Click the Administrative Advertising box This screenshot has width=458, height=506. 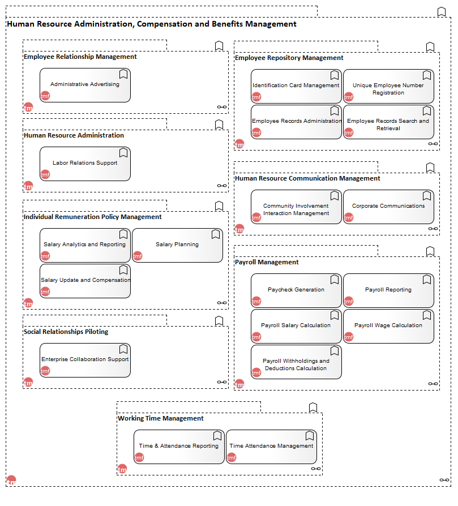(85, 85)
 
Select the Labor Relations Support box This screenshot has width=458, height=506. (85, 164)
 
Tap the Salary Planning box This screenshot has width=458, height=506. (178, 246)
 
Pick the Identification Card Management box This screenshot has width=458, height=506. (296, 87)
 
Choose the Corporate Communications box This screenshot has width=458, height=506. (388, 207)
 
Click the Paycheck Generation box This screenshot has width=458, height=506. (296, 291)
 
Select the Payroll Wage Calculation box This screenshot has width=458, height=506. (388, 326)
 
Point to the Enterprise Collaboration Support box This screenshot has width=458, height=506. (85, 360)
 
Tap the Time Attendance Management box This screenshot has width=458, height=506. (271, 447)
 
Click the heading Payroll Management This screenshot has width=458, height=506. (267, 262)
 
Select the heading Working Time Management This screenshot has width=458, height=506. (161, 418)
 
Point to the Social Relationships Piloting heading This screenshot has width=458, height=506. (66, 332)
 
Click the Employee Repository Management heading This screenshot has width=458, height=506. (289, 58)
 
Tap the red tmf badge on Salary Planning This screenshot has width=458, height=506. (138, 256)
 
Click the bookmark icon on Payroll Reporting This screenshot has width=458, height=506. (427, 280)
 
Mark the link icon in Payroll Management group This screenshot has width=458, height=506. (433, 384)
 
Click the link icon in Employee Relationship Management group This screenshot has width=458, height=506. (222, 107)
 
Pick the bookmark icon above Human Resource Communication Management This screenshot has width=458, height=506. (430, 168)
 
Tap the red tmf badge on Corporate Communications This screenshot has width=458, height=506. (349, 217)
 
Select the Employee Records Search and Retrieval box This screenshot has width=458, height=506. (388, 122)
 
